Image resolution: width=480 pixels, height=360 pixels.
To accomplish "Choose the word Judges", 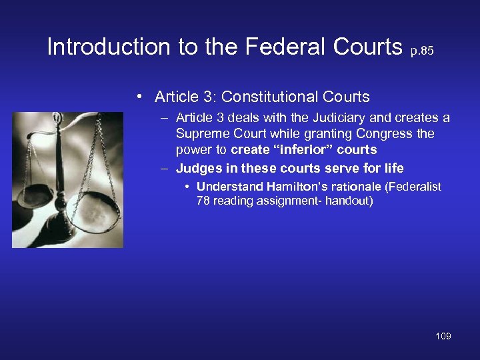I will [x=195, y=169].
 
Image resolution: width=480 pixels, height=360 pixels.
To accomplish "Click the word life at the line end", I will [x=393, y=169].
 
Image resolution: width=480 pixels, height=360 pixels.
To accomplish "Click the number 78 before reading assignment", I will [x=203, y=201].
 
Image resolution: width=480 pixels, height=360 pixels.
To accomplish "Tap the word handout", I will [x=347, y=201].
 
